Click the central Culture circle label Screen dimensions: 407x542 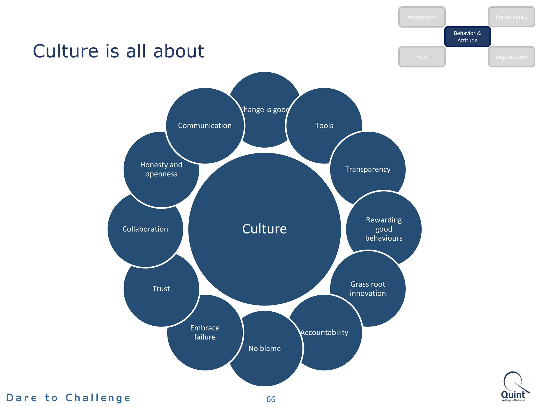pyautogui.click(x=264, y=229)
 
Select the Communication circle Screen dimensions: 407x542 pyautogui.click(x=205, y=126)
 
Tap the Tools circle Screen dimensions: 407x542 pyautogui.click(x=324, y=126)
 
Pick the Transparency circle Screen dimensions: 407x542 pyautogui.click(x=368, y=169)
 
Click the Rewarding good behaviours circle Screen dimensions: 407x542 pyautogui.click(x=384, y=229)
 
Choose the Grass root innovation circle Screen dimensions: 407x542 pyautogui.click(x=368, y=289)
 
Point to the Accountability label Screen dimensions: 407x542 pyautogui.click(x=324, y=332)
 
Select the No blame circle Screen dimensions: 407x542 pyautogui.click(x=264, y=348)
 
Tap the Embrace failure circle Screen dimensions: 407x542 pyautogui.click(x=205, y=332)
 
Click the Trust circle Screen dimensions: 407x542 pyautogui.click(x=161, y=289)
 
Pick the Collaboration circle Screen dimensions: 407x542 pyautogui.click(x=145, y=229)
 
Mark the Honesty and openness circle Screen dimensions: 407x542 pyautogui.click(x=161, y=169)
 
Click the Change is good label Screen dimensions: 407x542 pyautogui.click(x=265, y=110)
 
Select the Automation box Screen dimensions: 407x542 pyautogui.click(x=422, y=17)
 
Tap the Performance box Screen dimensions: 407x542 pyautogui.click(x=511, y=17)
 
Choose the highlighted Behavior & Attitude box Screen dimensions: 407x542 pyautogui.click(x=467, y=37)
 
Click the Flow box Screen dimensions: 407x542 pyautogui.click(x=422, y=57)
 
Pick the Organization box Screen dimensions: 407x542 pyautogui.click(x=511, y=57)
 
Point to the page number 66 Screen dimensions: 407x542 pyautogui.click(x=271, y=399)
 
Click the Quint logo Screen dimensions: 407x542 pyautogui.click(x=514, y=387)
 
